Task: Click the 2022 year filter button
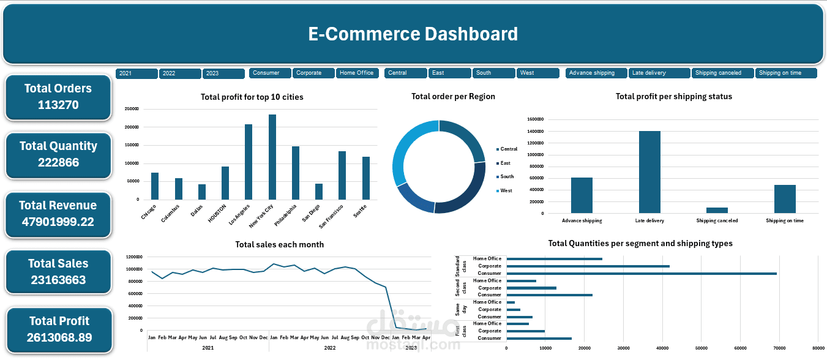[x=180, y=73]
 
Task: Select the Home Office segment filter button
[x=357, y=73]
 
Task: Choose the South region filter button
[x=493, y=73]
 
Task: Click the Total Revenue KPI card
[x=58, y=214]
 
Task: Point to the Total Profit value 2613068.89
[x=59, y=337]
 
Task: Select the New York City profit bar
[x=272, y=157]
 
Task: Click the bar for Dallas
[x=202, y=192]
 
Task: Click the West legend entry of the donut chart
[x=506, y=190]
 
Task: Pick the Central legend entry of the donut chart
[x=508, y=149]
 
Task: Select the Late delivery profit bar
[x=649, y=172]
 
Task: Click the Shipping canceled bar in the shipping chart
[x=717, y=210]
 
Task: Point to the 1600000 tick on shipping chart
[x=535, y=119]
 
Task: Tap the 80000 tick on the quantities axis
[x=818, y=348]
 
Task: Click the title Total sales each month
[x=279, y=244]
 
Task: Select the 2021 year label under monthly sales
[x=208, y=347]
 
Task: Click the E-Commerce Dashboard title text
[x=413, y=34]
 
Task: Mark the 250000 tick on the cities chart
[x=131, y=109]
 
